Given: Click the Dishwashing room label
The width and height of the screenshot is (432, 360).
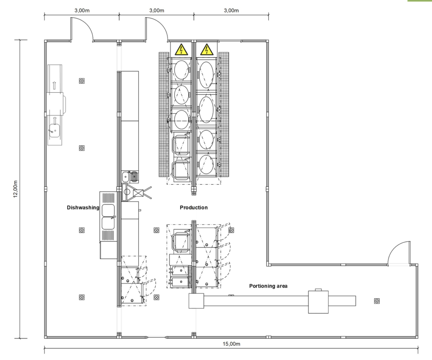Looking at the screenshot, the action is [x=83, y=207].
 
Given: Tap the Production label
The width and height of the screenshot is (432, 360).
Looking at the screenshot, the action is [x=194, y=207].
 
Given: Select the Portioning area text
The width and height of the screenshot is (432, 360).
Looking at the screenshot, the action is [x=268, y=286].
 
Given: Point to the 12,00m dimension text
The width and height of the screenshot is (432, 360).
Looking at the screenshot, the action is [x=15, y=189].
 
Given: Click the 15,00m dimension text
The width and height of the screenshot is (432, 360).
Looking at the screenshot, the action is [x=231, y=344].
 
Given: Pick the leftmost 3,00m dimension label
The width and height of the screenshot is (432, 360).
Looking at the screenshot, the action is [x=82, y=11].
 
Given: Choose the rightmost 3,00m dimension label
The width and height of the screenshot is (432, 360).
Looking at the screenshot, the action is [x=231, y=11].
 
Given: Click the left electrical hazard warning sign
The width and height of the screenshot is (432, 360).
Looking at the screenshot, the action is [x=181, y=50].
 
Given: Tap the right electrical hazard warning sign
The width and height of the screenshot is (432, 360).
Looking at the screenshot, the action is [x=206, y=50].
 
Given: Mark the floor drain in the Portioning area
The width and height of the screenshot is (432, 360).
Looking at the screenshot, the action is [x=377, y=301].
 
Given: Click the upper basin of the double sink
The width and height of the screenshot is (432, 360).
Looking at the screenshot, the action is [x=108, y=210].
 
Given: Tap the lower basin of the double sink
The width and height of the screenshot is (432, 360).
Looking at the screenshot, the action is [x=108, y=223].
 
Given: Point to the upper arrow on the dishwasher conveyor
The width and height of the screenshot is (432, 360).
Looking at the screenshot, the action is [x=54, y=85].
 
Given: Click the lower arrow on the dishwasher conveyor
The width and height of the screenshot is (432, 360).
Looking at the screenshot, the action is [x=54, y=120].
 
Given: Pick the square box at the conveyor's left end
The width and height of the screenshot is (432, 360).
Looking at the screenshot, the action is [x=196, y=301].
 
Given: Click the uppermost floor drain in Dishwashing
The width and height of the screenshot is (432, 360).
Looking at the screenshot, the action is [x=82, y=81].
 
